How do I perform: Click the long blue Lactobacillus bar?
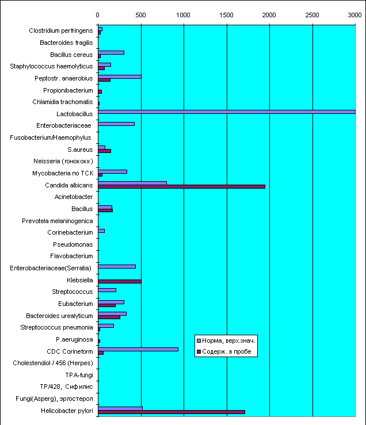(227, 112)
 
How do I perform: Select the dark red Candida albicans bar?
(181, 186)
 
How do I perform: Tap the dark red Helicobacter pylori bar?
(171, 412)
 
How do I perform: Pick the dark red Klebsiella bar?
(119, 282)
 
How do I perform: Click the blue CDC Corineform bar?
(138, 350)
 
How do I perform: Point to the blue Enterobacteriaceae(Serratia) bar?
(117, 266)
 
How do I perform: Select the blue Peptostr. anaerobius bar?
(119, 76)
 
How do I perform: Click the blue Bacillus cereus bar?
(111, 52)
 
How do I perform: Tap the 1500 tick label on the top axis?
(226, 15)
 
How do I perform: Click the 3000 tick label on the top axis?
(354, 15)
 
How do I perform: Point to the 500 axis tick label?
(140, 15)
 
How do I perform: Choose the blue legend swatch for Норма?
(199, 340)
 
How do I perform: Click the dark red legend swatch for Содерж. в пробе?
(199, 351)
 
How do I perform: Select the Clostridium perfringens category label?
(61, 30)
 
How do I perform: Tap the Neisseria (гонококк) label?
(63, 161)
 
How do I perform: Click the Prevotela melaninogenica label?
(58, 221)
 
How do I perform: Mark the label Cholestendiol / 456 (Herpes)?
(53, 363)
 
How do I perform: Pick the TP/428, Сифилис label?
(67, 386)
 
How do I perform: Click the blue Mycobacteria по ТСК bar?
(112, 171)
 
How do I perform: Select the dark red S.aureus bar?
(105, 151)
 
